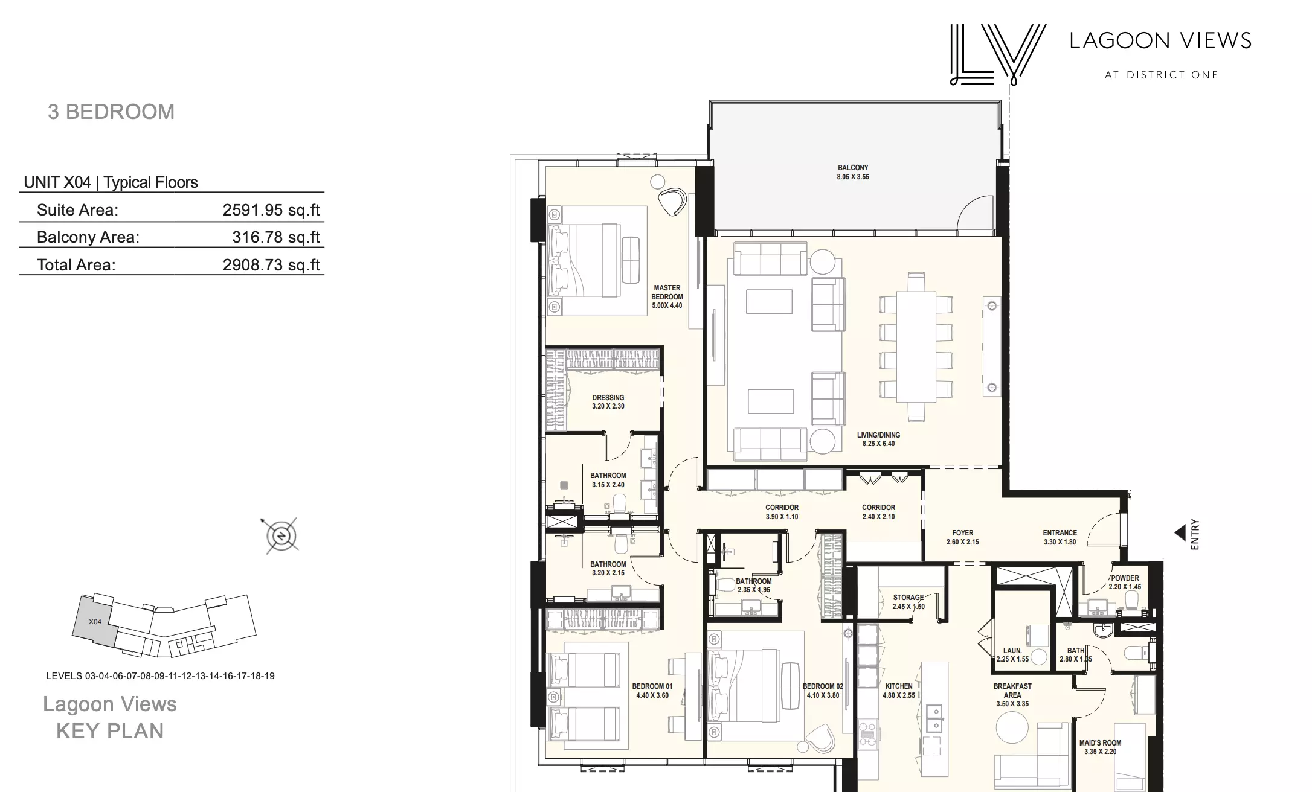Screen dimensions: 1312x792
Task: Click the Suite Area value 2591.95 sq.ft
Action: [x=271, y=210]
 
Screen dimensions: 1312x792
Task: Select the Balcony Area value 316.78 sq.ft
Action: [x=276, y=237]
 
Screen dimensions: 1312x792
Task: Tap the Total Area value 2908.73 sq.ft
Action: [x=271, y=265]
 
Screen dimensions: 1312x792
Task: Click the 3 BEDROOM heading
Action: [x=111, y=112]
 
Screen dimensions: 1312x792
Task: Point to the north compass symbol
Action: [x=281, y=535]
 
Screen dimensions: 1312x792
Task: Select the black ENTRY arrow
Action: [x=1180, y=533]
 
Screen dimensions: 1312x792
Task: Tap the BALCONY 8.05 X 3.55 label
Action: [x=853, y=172]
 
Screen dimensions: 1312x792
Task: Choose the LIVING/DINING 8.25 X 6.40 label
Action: [x=878, y=439]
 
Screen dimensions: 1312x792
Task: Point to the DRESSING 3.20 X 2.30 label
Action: [x=608, y=402]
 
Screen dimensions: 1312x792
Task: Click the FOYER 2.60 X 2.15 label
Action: [x=963, y=537]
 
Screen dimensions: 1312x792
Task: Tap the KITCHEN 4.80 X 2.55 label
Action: [x=899, y=691]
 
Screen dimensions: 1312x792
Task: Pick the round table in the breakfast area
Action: [x=1012, y=727]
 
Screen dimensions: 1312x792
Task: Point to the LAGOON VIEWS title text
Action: [x=1160, y=40]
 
